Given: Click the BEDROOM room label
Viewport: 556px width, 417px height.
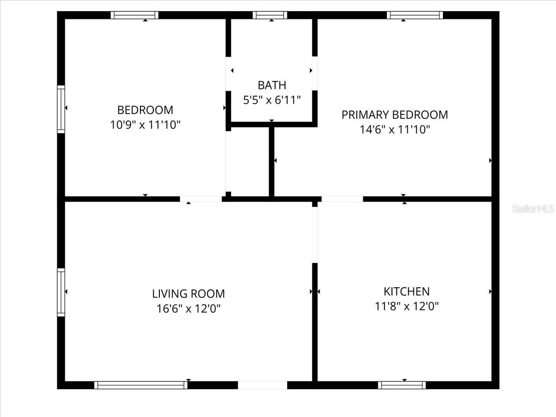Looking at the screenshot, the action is [145, 110].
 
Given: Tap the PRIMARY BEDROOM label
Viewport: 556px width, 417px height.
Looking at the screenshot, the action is [395, 115].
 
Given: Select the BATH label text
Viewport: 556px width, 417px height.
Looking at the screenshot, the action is [272, 85].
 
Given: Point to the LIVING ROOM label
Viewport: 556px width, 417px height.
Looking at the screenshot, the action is [188, 294].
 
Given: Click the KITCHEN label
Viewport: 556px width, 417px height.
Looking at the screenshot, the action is [406, 291].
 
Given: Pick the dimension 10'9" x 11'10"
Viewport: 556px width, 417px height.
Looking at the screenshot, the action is [145, 125].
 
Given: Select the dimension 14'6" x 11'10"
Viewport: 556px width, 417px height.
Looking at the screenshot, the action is [395, 130].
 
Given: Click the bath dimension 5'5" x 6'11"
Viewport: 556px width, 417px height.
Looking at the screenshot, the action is [272, 100].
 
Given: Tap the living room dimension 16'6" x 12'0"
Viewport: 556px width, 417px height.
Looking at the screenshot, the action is [188, 309].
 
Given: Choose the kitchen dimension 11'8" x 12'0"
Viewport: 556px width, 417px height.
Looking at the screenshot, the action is [406, 306].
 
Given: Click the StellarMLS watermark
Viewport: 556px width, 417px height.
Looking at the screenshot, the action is [533, 208].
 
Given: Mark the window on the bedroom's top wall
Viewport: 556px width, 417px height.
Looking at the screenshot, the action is [134, 15].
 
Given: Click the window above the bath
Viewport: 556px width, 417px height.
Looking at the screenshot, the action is [270, 15].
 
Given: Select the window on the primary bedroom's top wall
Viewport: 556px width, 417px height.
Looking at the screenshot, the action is [415, 15].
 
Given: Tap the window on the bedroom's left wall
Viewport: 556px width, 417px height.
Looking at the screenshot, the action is [61, 109].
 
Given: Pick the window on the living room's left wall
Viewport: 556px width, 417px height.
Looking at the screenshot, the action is [61, 292].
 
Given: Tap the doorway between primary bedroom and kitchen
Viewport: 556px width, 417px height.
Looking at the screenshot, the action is [342, 199].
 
